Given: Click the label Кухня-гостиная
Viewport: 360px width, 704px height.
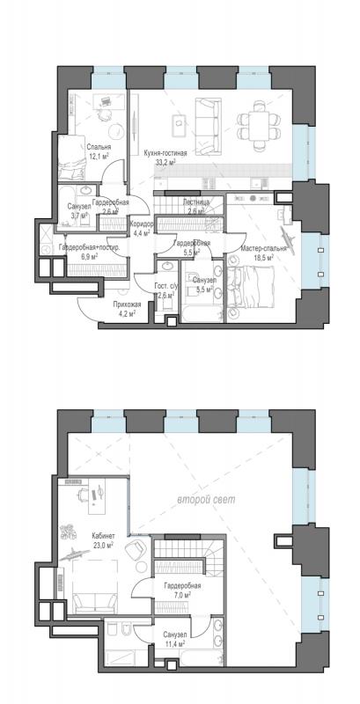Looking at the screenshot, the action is pos(165,153).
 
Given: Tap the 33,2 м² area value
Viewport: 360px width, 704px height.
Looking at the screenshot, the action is pos(165,162).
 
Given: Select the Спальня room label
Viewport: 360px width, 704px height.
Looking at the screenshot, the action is pos(99,147).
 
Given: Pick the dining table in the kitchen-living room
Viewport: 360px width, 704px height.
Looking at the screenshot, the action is pos(259,120).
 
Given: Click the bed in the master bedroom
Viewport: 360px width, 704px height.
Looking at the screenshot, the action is pos(250,287).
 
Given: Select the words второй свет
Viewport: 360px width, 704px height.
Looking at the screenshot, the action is pos(206,500).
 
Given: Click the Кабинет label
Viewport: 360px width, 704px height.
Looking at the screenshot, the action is pos(103,536).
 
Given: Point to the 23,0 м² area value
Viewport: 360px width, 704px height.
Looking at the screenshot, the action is pos(103,544).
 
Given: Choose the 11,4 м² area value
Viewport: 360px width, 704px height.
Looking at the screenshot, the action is pos(175,644).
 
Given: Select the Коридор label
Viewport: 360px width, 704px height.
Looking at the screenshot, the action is pos(142,224).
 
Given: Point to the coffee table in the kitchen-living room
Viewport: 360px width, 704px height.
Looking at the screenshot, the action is pos(180,125).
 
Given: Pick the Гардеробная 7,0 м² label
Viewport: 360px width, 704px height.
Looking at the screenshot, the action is pos(182,590).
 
